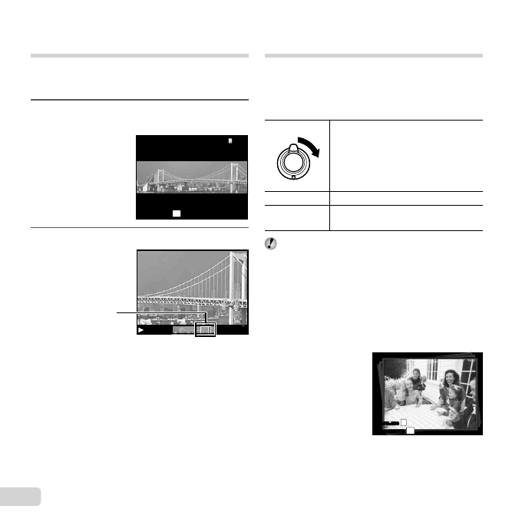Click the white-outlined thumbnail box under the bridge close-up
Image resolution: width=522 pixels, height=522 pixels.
click(206, 329)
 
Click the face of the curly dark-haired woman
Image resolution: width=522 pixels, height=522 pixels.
click(448, 382)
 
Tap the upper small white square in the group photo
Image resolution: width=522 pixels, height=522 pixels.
click(404, 423)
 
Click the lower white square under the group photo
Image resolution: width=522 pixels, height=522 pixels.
click(409, 431)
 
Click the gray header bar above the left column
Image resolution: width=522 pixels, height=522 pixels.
click(140, 56)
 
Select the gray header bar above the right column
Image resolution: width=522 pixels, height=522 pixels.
click(373, 56)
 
